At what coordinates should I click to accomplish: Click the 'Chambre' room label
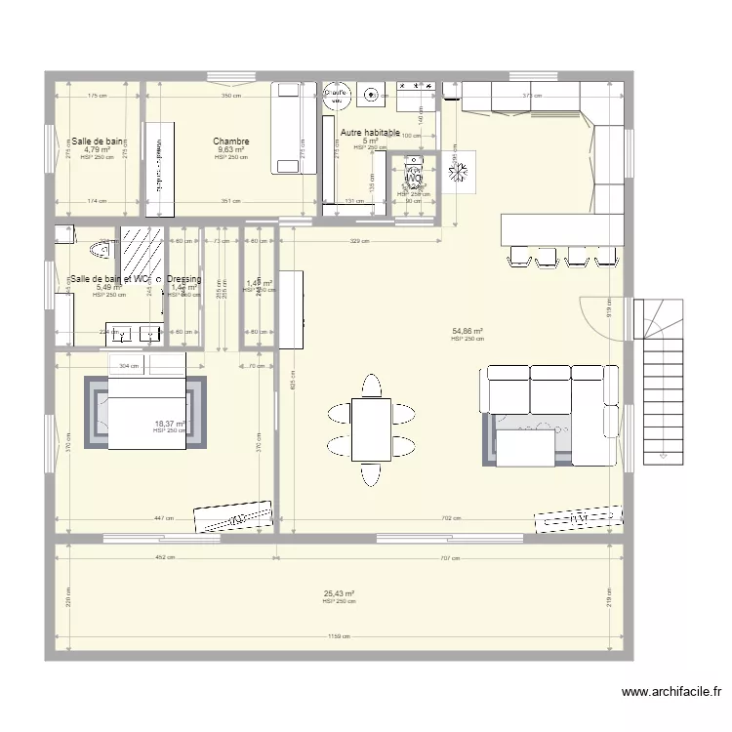[231, 142]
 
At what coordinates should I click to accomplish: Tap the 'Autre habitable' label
[370, 132]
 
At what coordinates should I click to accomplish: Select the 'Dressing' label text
[183, 279]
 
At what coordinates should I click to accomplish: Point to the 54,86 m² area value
[468, 332]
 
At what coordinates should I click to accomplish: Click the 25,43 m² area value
[339, 593]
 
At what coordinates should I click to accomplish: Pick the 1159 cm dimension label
[339, 637]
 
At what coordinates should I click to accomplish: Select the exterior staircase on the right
[665, 381]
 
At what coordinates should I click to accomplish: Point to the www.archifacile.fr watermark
[671, 692]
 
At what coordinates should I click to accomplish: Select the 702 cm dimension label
[450, 518]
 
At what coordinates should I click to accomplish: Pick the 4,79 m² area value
[97, 150]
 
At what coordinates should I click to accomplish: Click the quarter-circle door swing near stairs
[603, 315]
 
